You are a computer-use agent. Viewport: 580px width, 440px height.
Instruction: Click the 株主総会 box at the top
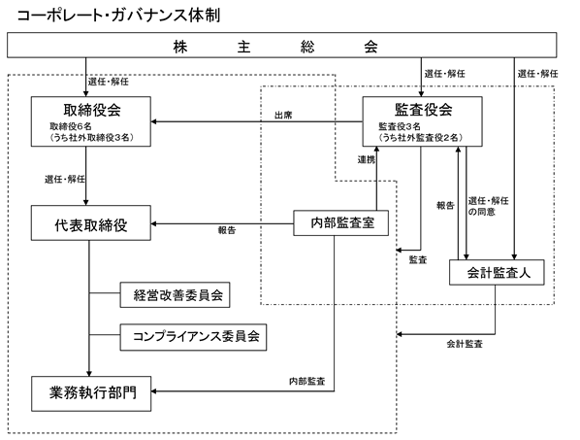pos(282,46)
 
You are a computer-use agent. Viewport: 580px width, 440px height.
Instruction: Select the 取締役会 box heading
pos(92,110)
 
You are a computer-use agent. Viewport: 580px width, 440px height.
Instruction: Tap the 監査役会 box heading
pos(424,109)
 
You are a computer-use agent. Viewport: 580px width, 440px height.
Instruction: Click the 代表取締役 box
pos(91,223)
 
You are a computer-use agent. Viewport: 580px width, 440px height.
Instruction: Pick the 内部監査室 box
pos(341,223)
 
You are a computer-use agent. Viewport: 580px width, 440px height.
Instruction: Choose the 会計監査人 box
pos(497,273)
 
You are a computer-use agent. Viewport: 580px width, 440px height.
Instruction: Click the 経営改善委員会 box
pos(175,295)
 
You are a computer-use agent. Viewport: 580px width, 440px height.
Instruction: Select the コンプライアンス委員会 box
pos(193,337)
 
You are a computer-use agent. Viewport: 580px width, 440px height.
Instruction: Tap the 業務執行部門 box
pos(91,393)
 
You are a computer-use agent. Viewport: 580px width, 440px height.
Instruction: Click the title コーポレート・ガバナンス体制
pos(118,16)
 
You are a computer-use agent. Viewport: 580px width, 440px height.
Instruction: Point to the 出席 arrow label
pos(283,116)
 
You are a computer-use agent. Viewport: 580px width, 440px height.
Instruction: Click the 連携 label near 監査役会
pos(367,160)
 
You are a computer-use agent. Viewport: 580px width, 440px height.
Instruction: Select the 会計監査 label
pos(465,344)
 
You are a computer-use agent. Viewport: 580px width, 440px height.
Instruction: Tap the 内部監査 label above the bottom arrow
pos(307,381)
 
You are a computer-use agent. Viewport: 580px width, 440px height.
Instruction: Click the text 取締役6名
pos(71,126)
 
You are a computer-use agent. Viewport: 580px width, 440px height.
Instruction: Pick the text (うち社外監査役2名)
pos(421,138)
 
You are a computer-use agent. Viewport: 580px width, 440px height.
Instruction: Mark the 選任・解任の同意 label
pos(488,206)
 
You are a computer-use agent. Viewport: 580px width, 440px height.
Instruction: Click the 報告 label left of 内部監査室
pos(227,230)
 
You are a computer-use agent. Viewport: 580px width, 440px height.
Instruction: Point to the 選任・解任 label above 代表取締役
pos(65,180)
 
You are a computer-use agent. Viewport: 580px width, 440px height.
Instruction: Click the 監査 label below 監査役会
pos(418,260)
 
